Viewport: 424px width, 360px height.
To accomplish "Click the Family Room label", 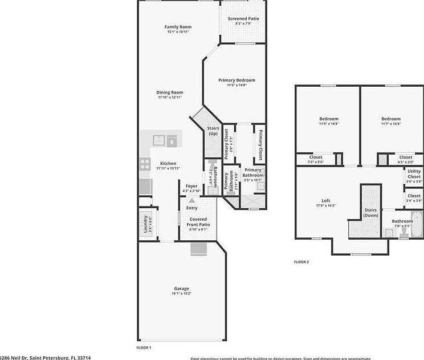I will pyautogui.click(x=178, y=27).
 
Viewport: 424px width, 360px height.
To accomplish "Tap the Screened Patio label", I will pyautogui.click(x=243, y=19).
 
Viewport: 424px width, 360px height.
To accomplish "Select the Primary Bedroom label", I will pyautogui.click(x=237, y=80).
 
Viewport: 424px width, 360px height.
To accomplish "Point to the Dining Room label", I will pyautogui.click(x=170, y=92).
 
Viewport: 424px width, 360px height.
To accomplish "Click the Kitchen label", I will pyautogui.click(x=168, y=164).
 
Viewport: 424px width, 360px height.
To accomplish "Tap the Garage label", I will pyautogui.click(x=181, y=289).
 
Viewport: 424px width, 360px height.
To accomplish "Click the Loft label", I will pyautogui.click(x=325, y=200).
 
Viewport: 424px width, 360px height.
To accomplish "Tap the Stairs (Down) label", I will pyautogui.click(x=371, y=213).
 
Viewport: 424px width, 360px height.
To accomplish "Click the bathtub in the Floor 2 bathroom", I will pyautogui.click(x=417, y=225).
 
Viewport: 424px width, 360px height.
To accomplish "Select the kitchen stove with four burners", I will pyautogui.click(x=145, y=164).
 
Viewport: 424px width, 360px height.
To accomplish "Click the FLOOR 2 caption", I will pyautogui.click(x=301, y=262).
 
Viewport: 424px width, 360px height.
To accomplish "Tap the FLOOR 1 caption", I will pyautogui.click(x=143, y=347).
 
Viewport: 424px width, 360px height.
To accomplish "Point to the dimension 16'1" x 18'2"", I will pyautogui.click(x=181, y=294).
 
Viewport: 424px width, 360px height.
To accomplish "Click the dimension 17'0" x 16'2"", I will pyautogui.click(x=325, y=205).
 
